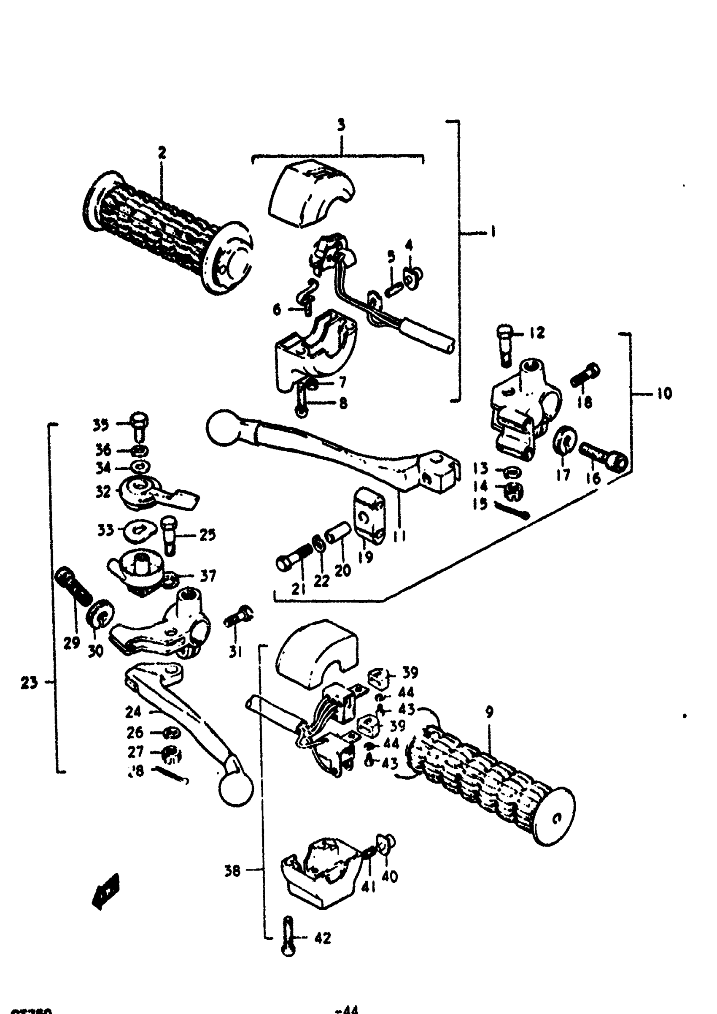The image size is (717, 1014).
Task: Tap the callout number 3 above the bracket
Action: coord(341,125)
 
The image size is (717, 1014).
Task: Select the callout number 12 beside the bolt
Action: coord(537,332)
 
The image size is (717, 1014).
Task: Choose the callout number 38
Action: coord(232,871)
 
